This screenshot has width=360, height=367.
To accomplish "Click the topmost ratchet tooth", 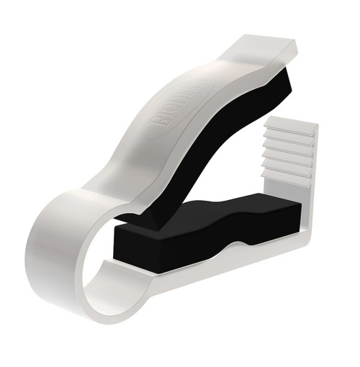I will coord(291,127).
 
